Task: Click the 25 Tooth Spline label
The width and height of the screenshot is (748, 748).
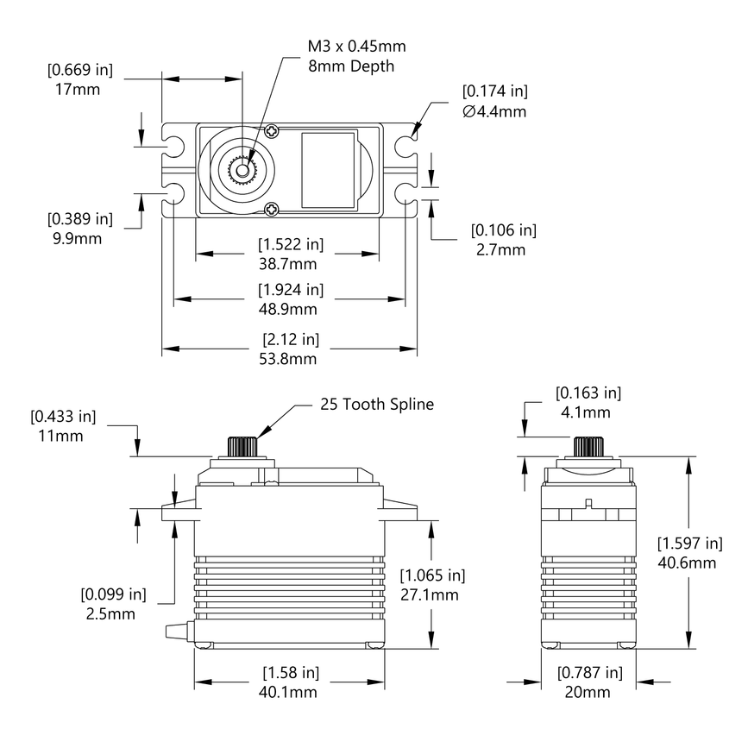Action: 377,404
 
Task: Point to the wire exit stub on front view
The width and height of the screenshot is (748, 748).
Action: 177,631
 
